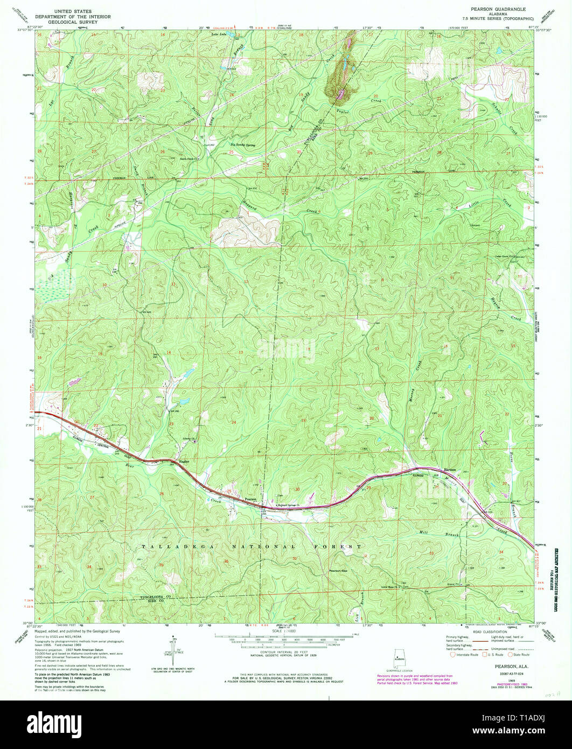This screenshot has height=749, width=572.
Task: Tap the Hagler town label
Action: [185, 462]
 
